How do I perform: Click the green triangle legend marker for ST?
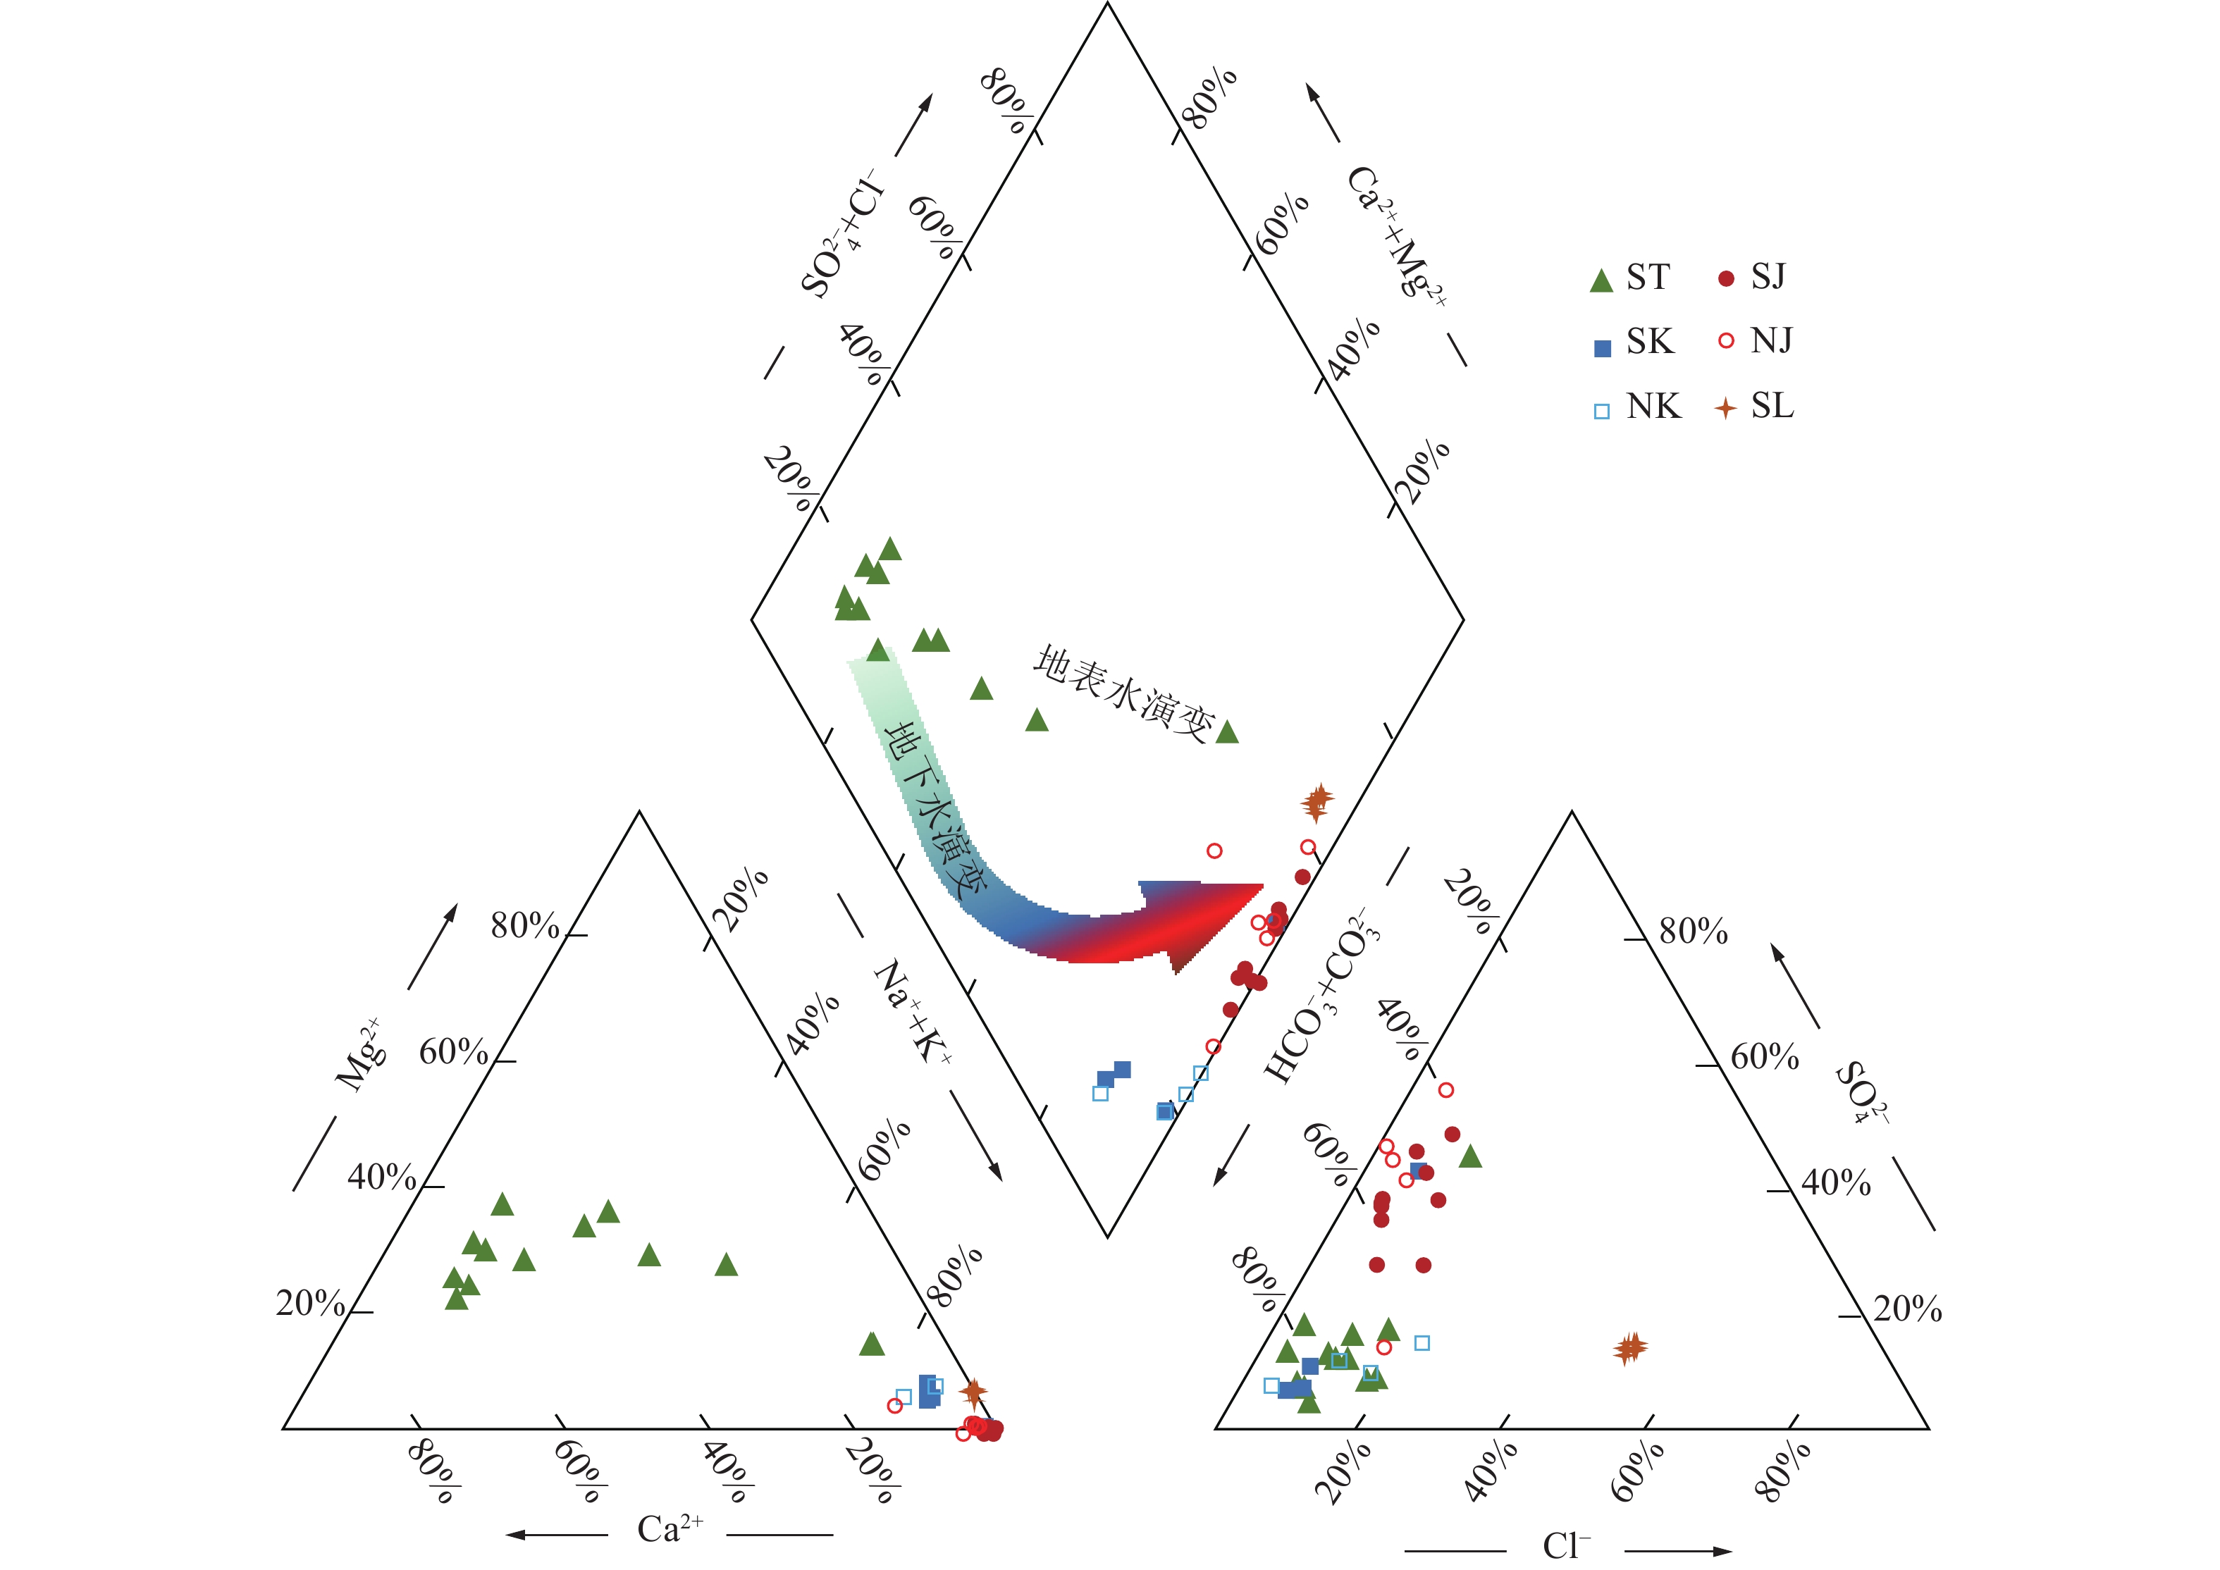click(1601, 280)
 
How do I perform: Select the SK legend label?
click(1650, 341)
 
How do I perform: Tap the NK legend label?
click(1653, 406)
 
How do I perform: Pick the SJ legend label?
click(1768, 278)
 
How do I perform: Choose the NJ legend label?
click(1771, 340)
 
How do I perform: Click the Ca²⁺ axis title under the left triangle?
click(669, 1528)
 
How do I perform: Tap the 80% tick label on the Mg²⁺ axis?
click(524, 926)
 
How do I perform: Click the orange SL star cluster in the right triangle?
click(1630, 1347)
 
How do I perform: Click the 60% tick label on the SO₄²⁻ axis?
click(1765, 1057)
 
